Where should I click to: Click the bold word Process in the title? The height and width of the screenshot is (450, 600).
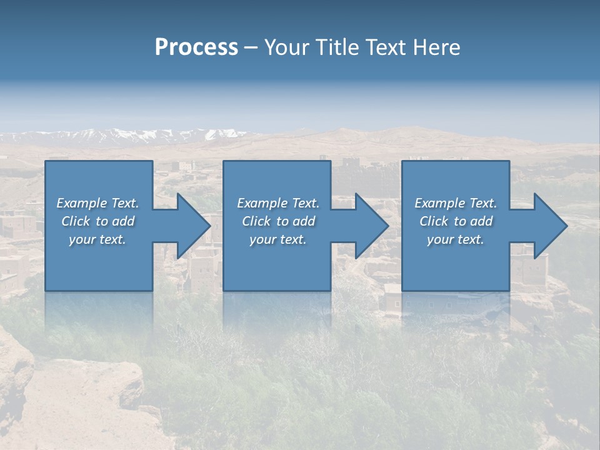coord(196,47)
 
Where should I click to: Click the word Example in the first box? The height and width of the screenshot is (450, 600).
coord(82,203)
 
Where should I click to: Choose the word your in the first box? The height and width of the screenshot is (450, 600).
coord(82,239)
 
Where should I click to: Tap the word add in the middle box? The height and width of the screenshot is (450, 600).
coord(304,221)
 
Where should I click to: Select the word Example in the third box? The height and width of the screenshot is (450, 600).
coord(440,203)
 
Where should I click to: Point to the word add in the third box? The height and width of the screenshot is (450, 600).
coord(481,221)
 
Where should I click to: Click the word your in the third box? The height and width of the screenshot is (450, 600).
coord(440,239)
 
